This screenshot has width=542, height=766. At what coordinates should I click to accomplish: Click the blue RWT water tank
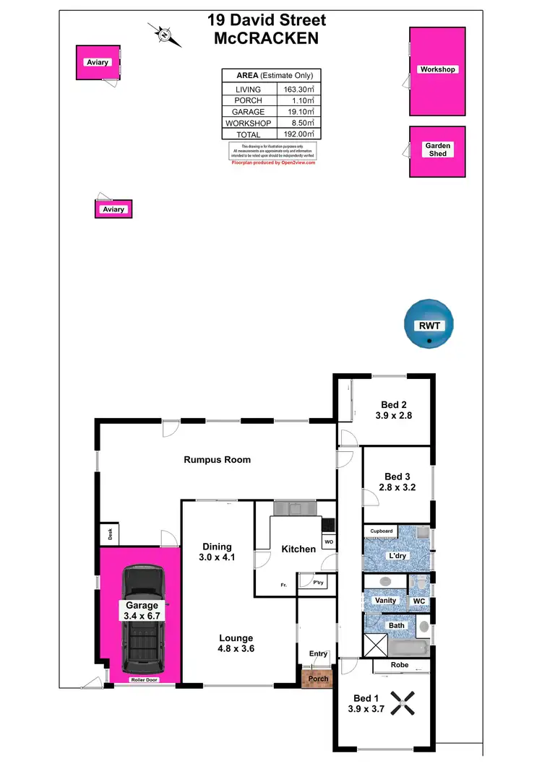click(x=430, y=326)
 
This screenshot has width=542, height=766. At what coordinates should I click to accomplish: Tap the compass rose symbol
click(x=165, y=34)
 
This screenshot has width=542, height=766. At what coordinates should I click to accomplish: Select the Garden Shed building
click(x=437, y=151)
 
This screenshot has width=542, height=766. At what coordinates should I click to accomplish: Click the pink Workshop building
click(x=437, y=71)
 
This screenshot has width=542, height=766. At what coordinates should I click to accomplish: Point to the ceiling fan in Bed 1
click(x=403, y=703)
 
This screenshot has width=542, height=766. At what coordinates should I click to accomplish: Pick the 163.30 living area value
click(x=299, y=90)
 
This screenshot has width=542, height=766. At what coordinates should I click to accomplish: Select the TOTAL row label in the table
click(x=248, y=134)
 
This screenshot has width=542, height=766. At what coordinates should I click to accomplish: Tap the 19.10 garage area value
click(x=299, y=112)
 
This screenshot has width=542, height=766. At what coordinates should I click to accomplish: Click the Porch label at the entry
click(x=318, y=679)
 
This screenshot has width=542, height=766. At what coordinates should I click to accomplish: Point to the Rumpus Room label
click(x=217, y=460)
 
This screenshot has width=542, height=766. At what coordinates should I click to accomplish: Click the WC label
click(x=419, y=601)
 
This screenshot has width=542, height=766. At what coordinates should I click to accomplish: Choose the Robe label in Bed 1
click(x=400, y=665)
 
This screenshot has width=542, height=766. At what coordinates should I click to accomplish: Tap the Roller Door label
click(x=145, y=680)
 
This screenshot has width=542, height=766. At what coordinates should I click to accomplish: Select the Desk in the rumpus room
click(x=111, y=535)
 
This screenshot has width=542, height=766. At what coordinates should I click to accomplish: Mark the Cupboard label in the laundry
click(x=382, y=531)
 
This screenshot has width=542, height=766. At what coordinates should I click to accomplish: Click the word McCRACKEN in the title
click(x=266, y=39)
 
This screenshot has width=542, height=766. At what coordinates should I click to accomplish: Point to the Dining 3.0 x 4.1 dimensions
click(x=217, y=557)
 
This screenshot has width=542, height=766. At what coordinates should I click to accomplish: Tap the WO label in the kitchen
click(x=328, y=541)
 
